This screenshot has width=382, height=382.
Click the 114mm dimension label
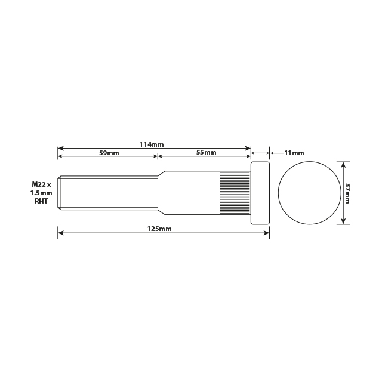click(x=152, y=144)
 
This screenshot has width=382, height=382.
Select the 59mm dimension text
click(x=109, y=153)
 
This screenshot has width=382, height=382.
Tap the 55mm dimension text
click(x=206, y=153)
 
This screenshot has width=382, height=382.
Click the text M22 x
click(x=42, y=185)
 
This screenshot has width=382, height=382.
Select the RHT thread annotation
click(x=42, y=202)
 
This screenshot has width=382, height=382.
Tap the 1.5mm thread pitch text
click(x=42, y=193)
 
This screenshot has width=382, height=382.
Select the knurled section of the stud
click(x=235, y=193)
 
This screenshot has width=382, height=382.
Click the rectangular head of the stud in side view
click(x=260, y=193)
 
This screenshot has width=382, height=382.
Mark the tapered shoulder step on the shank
click(x=161, y=193)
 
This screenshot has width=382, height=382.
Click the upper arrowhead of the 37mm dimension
click(x=343, y=163)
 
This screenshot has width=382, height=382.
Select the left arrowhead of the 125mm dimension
click(x=60, y=233)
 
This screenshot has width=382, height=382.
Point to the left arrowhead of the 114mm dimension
click(x=60, y=148)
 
